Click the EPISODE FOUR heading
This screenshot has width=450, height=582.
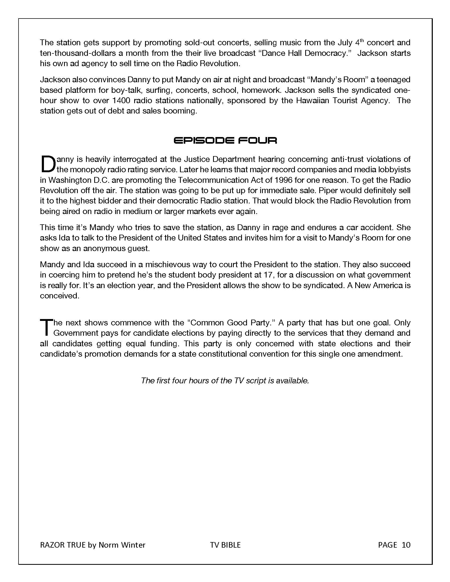coord(225,140)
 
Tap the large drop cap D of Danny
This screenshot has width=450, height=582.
coord(47,164)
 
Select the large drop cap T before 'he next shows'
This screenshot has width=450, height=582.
coord(46,328)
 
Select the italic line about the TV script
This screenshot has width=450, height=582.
coord(225,380)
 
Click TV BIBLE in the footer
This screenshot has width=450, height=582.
coord(225,545)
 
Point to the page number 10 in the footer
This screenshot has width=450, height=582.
coord(406,545)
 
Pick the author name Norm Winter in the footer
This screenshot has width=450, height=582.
coord(122,545)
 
